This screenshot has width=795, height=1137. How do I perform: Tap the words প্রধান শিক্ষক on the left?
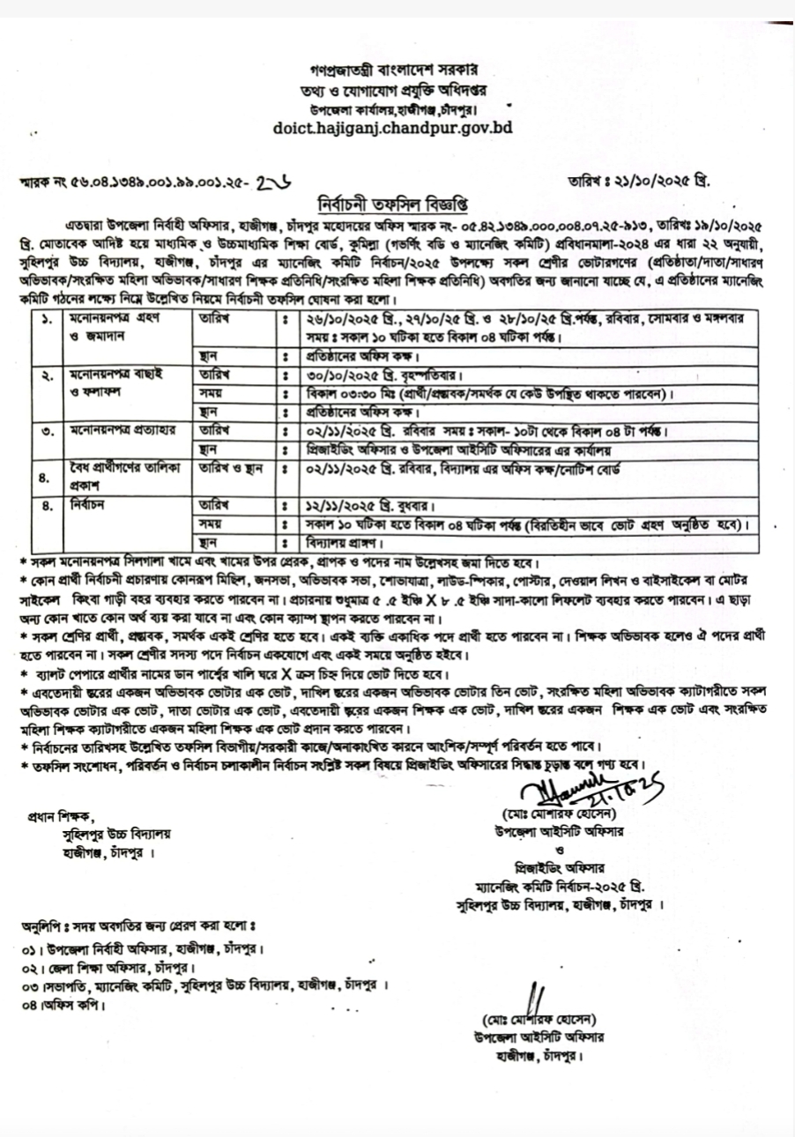(60, 815)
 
